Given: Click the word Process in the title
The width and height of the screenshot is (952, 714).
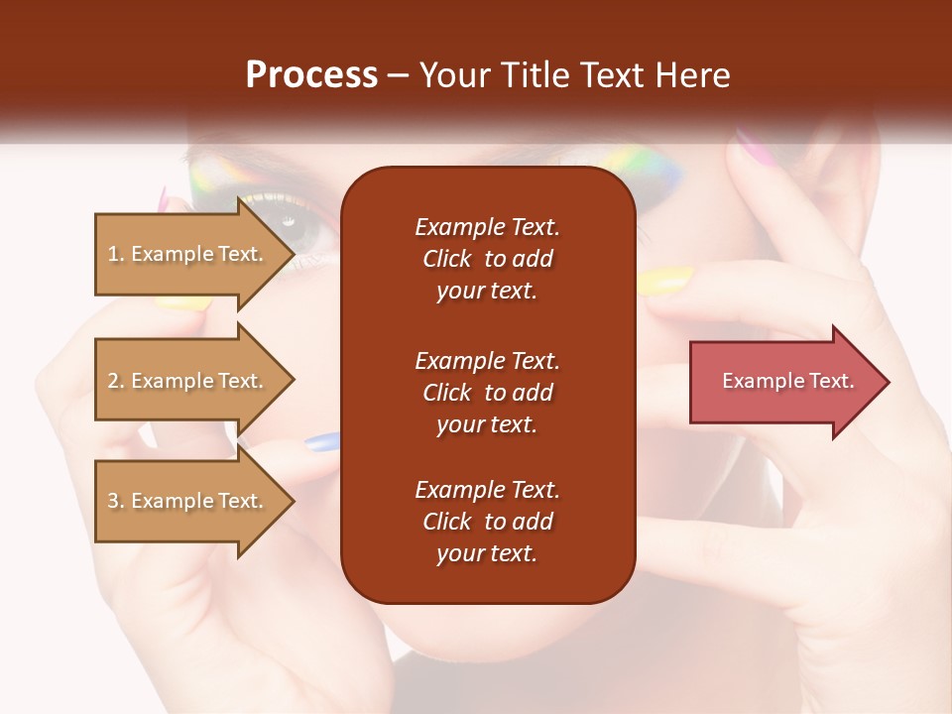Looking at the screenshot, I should coord(311,75).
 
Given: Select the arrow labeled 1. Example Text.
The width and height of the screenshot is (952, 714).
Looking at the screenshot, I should coord(188,254).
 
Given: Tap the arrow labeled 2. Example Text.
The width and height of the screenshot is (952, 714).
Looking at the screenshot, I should coord(188,381).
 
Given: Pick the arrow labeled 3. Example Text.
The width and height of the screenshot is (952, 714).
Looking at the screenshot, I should coord(188,501).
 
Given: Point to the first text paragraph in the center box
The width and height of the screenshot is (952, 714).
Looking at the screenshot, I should coord(487,259).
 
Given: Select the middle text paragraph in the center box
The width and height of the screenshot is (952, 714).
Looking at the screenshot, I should coord(487,393).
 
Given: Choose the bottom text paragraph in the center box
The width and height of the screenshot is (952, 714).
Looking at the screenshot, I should coord(487,522).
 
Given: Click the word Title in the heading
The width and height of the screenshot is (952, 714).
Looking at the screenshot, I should coord(535,75).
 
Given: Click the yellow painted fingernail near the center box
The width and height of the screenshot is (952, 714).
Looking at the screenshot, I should coord(662,282).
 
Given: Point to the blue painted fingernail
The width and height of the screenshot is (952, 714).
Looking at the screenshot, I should coord(321,443).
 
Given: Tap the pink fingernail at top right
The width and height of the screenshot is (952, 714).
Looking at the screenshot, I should coord(756,145).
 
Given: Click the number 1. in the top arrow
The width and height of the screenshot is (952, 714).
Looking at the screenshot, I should coord(116,254).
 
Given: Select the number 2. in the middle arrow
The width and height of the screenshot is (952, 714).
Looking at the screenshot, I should coord(116,381).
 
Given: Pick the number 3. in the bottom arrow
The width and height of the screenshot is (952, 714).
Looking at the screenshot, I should coord(116,501).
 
